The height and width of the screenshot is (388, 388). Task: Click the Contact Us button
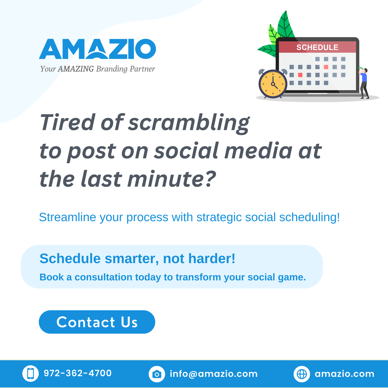tap(97, 322)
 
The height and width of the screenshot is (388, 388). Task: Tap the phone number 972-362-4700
tap(78, 373)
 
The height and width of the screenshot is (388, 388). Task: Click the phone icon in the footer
tap(30, 373)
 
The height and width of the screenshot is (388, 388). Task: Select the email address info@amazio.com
tap(214, 374)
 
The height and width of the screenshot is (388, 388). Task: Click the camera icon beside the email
tap(157, 374)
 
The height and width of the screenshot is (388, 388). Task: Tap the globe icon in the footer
tap(302, 374)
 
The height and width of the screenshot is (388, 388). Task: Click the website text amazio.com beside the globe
tap(344, 374)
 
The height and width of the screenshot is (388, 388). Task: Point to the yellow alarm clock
tap(273, 84)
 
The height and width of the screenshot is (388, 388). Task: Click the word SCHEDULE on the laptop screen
tap(317, 47)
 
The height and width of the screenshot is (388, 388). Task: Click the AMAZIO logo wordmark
tap(97, 49)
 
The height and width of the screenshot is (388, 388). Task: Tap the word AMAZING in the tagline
tap(76, 69)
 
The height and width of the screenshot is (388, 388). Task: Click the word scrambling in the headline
tap(189, 123)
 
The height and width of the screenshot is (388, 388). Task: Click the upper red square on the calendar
tap(326, 67)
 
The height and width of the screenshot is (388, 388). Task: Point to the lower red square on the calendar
tap(300, 75)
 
